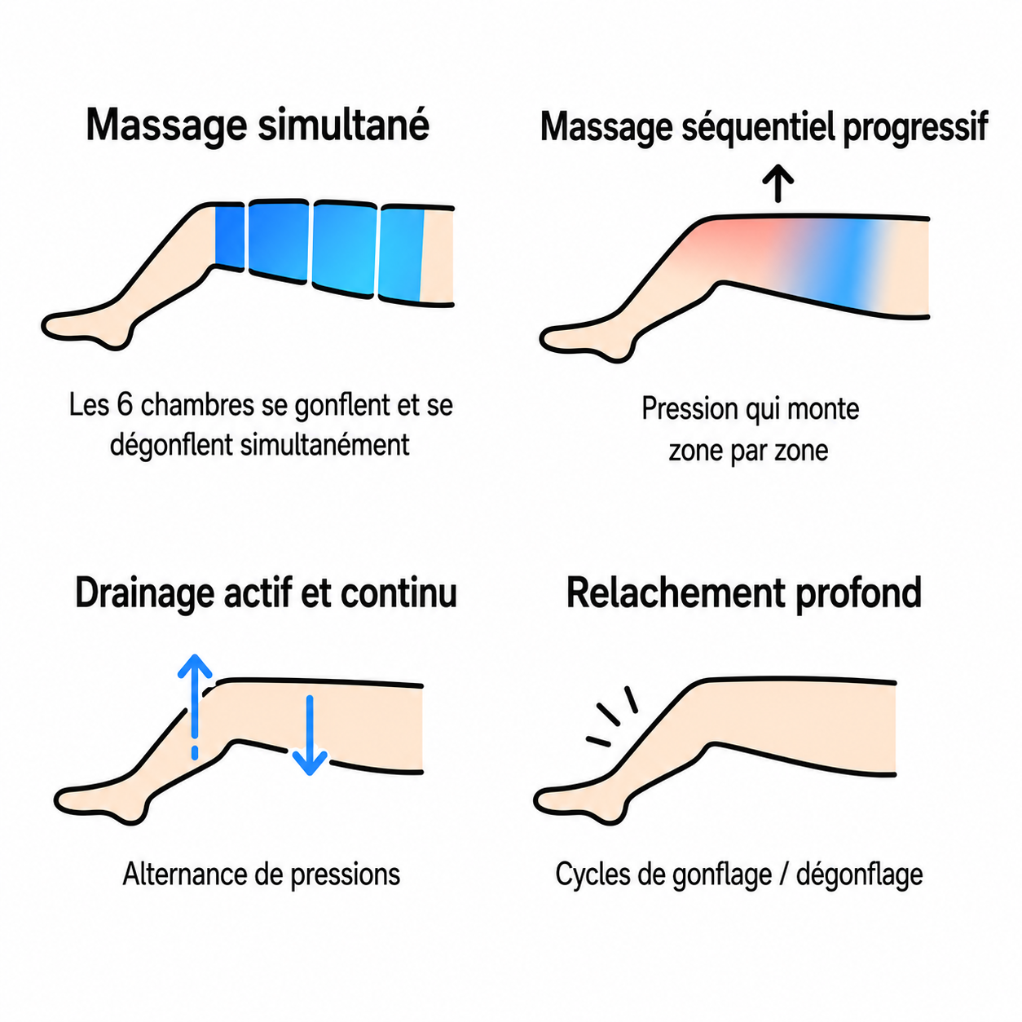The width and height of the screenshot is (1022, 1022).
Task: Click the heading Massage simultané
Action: (x=258, y=126)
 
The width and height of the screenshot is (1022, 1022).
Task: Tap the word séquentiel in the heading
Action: (x=761, y=128)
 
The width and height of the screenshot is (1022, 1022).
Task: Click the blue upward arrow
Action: (x=195, y=707)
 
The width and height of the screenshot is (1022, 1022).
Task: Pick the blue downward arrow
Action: (x=310, y=735)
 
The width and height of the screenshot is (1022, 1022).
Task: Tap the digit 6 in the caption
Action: (x=125, y=405)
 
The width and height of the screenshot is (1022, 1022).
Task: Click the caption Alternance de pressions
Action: (x=262, y=874)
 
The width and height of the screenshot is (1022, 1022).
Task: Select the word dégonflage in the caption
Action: (x=859, y=875)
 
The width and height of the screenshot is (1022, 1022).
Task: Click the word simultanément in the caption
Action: (x=324, y=444)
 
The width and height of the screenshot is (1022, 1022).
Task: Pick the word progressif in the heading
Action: (x=916, y=128)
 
